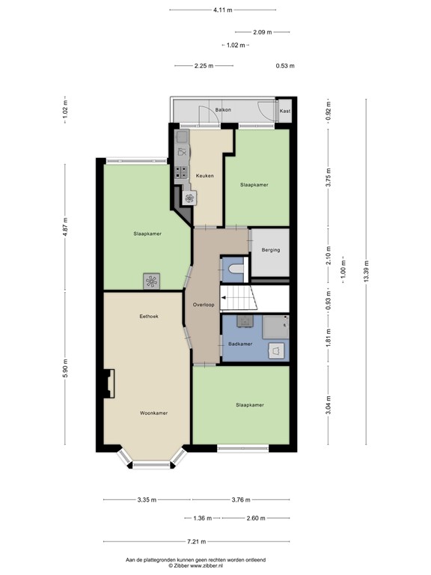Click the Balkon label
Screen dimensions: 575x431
[x=223, y=110]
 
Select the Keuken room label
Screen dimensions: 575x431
[x=205, y=176]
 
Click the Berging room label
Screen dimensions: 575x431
[x=271, y=250]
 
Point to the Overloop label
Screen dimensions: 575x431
[x=204, y=305]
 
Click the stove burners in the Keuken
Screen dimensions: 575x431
[x=181, y=171]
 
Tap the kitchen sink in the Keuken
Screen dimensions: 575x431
[x=181, y=138]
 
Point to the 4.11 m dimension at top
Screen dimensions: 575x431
[x=223, y=10]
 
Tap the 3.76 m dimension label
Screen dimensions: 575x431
[x=240, y=500]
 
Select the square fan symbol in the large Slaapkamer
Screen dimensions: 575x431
[x=152, y=281]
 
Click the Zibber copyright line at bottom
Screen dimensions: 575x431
[x=195, y=566]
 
